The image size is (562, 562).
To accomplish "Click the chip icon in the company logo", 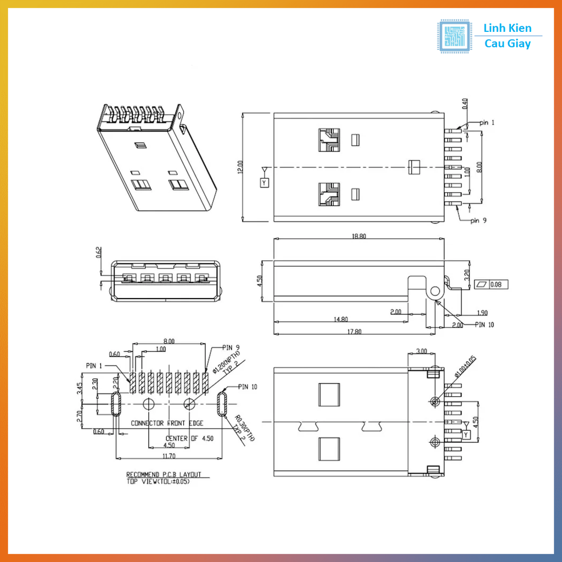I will (x=454, y=37).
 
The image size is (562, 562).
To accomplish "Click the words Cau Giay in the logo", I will (x=508, y=44).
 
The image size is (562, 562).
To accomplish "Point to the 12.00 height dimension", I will (x=240, y=167).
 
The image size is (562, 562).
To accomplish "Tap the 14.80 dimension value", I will (x=340, y=319).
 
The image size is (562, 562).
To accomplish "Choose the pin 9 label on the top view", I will (x=478, y=221).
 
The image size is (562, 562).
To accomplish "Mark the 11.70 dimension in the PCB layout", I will (x=168, y=456).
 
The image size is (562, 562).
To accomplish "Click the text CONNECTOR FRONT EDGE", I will (x=167, y=423).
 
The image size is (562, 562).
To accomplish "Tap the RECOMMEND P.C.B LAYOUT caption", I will (x=164, y=475).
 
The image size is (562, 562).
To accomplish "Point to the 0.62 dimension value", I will (x=99, y=252).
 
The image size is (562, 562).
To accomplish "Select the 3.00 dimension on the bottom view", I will (x=421, y=351).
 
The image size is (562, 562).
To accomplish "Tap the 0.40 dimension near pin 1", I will (x=465, y=104).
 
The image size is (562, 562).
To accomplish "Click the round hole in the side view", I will (x=436, y=290).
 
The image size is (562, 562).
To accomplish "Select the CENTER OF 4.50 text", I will (x=190, y=439).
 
